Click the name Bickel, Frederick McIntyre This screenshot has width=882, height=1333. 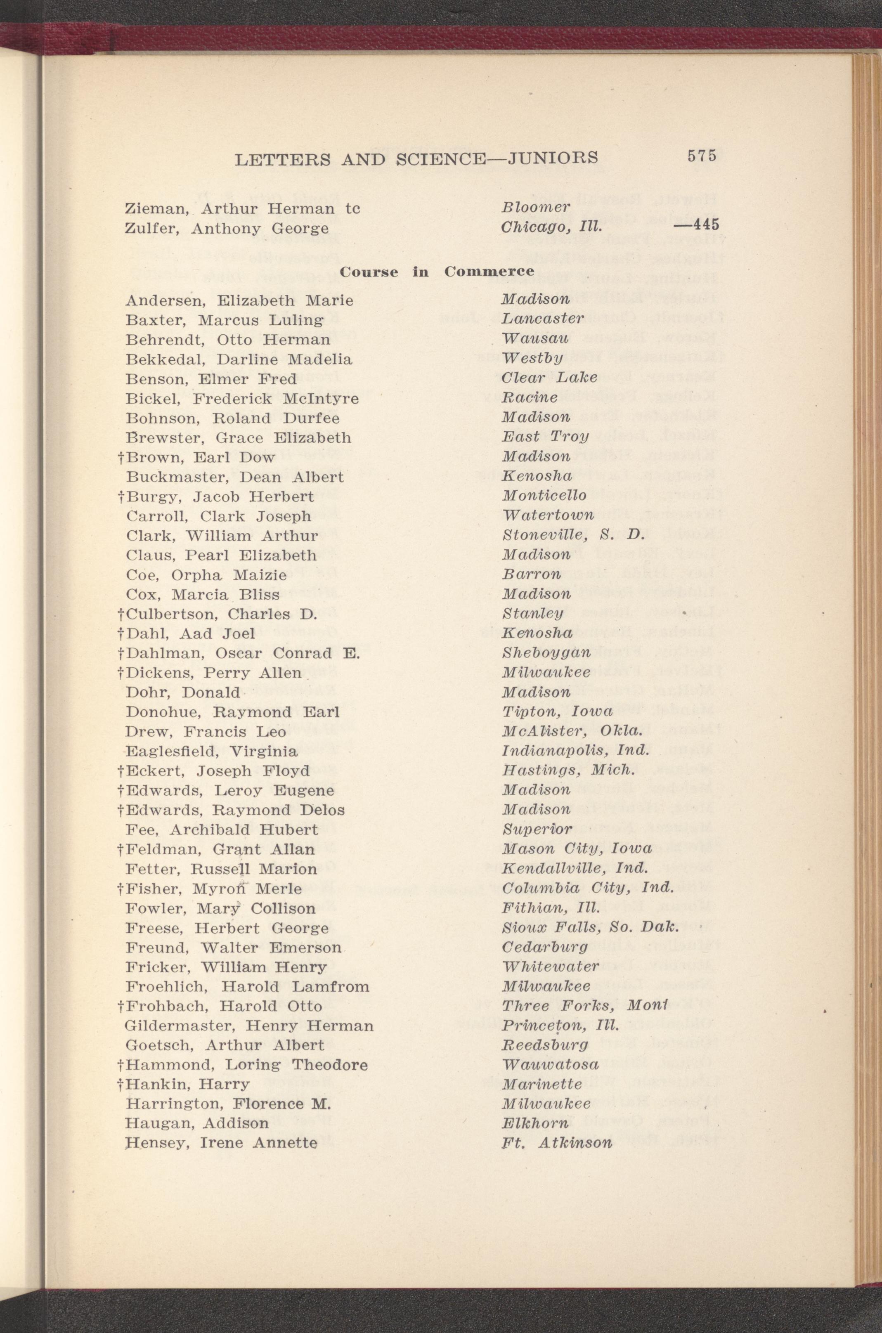[x=242, y=399]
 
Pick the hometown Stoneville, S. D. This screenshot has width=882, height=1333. [x=572, y=534]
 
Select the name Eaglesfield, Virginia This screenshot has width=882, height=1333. [x=211, y=751]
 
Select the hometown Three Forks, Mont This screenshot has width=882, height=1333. [x=584, y=1004]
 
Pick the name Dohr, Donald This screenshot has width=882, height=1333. [x=183, y=692]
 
